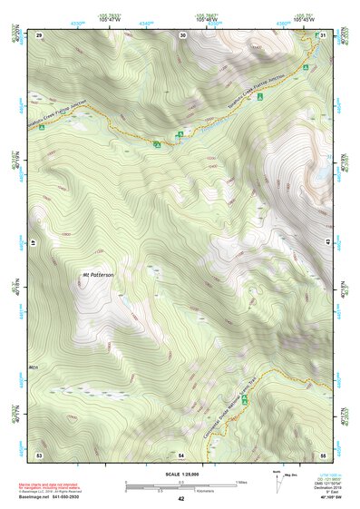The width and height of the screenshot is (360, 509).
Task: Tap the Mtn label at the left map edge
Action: coord(34,367)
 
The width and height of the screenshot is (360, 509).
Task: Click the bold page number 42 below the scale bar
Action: coord(181,498)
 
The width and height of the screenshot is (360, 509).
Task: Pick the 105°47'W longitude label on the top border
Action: coord(110,20)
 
